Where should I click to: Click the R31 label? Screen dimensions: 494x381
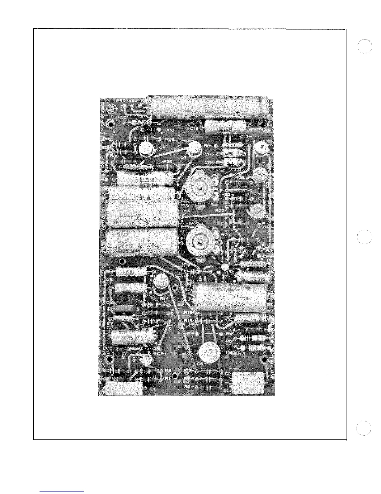pos(208,146)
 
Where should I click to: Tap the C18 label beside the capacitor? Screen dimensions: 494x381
pos(194,128)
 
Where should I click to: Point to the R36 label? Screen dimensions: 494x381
pos(167,162)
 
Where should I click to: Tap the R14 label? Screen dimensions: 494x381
pos(164,298)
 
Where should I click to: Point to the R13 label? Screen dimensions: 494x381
pos(188,370)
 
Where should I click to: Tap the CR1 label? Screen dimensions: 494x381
pos(161,354)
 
